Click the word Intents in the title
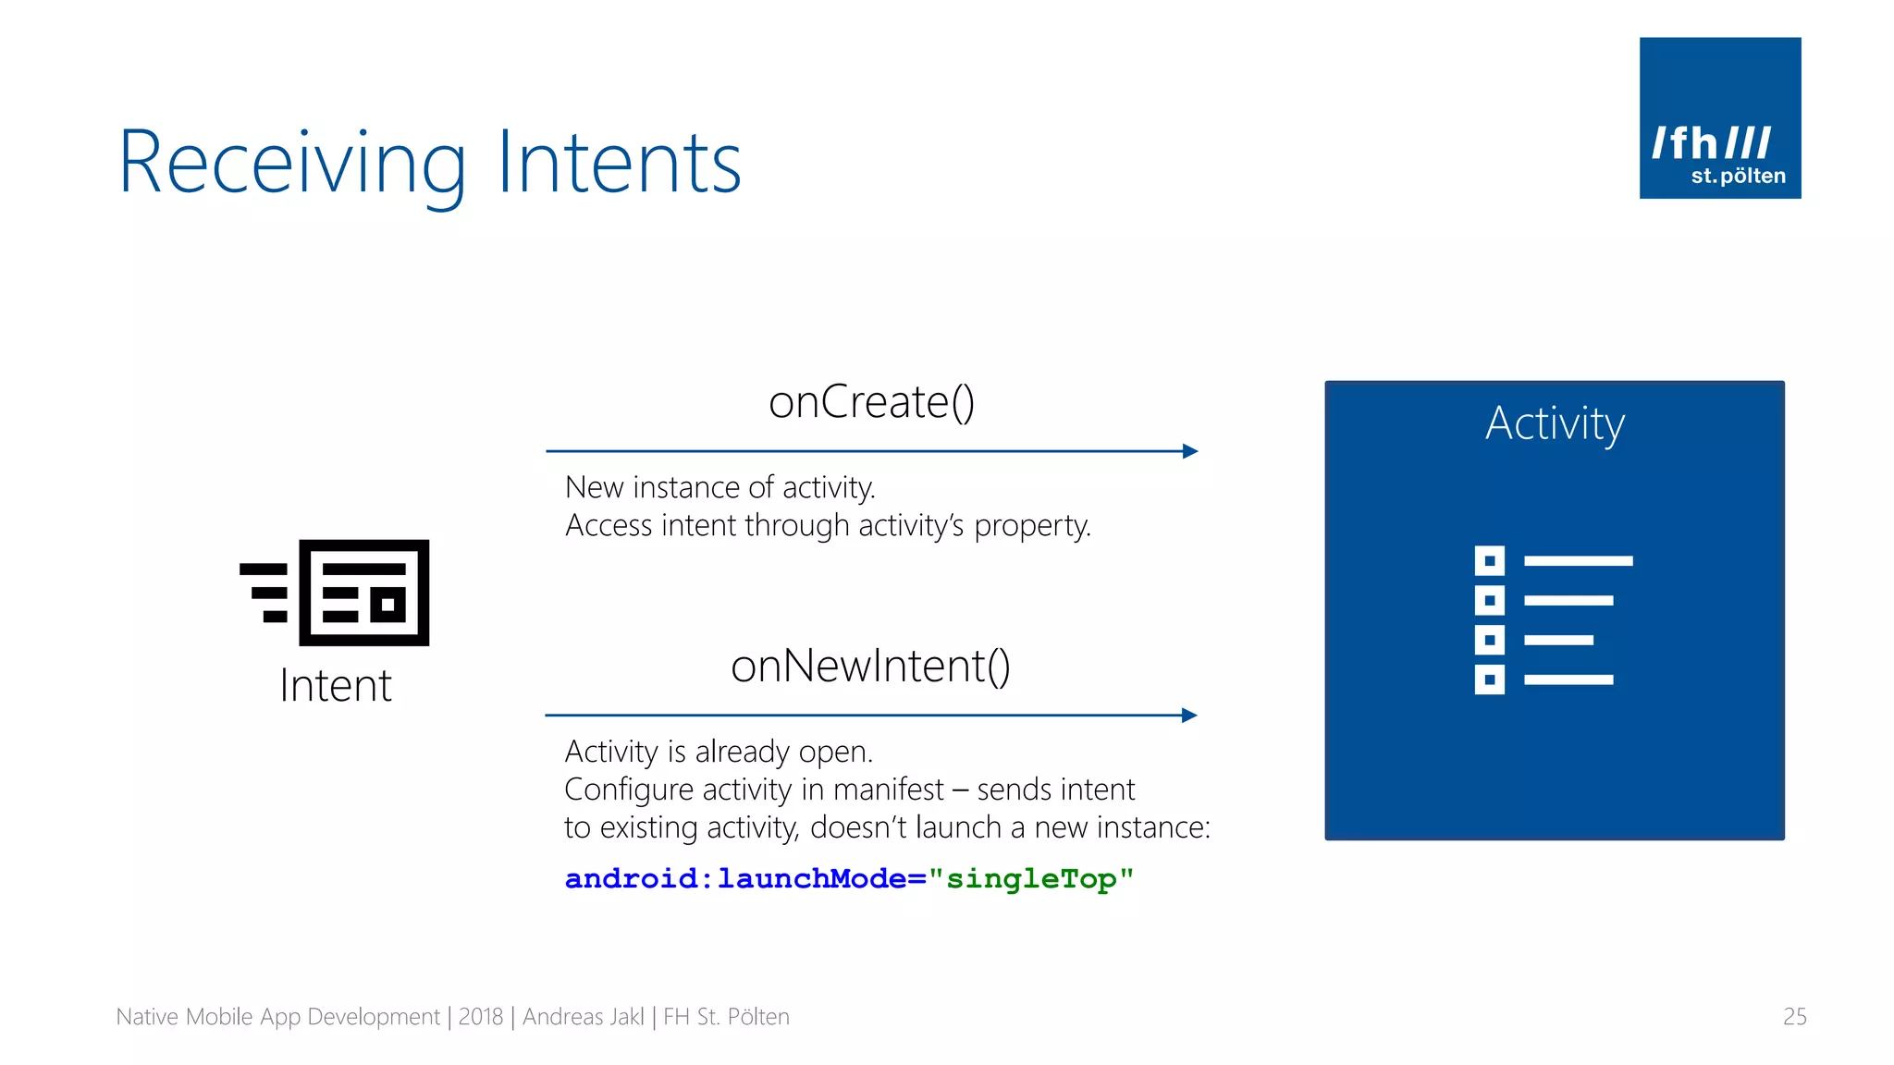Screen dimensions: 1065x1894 tap(619, 165)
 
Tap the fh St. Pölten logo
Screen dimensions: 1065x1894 tap(1719, 118)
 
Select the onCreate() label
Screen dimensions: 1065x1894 tap(871, 402)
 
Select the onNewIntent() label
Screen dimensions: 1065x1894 tap(870, 667)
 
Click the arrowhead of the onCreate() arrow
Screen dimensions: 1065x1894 tap(1190, 451)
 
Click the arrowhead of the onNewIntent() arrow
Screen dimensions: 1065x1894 tap(1189, 715)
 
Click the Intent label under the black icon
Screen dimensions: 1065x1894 tap(336, 686)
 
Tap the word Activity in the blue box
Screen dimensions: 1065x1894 tap(1555, 423)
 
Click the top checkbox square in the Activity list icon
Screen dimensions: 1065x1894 tap(1489, 560)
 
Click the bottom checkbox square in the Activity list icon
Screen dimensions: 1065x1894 tap(1489, 679)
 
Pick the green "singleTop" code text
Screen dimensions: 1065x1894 tap(1031, 878)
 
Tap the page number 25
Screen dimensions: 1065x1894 tap(1794, 1017)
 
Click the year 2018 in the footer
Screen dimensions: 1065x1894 tap(481, 1017)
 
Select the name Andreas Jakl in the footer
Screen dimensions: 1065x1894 tap(584, 1017)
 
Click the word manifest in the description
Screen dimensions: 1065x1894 tap(888, 790)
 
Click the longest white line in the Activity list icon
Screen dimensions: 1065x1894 tap(1578, 561)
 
